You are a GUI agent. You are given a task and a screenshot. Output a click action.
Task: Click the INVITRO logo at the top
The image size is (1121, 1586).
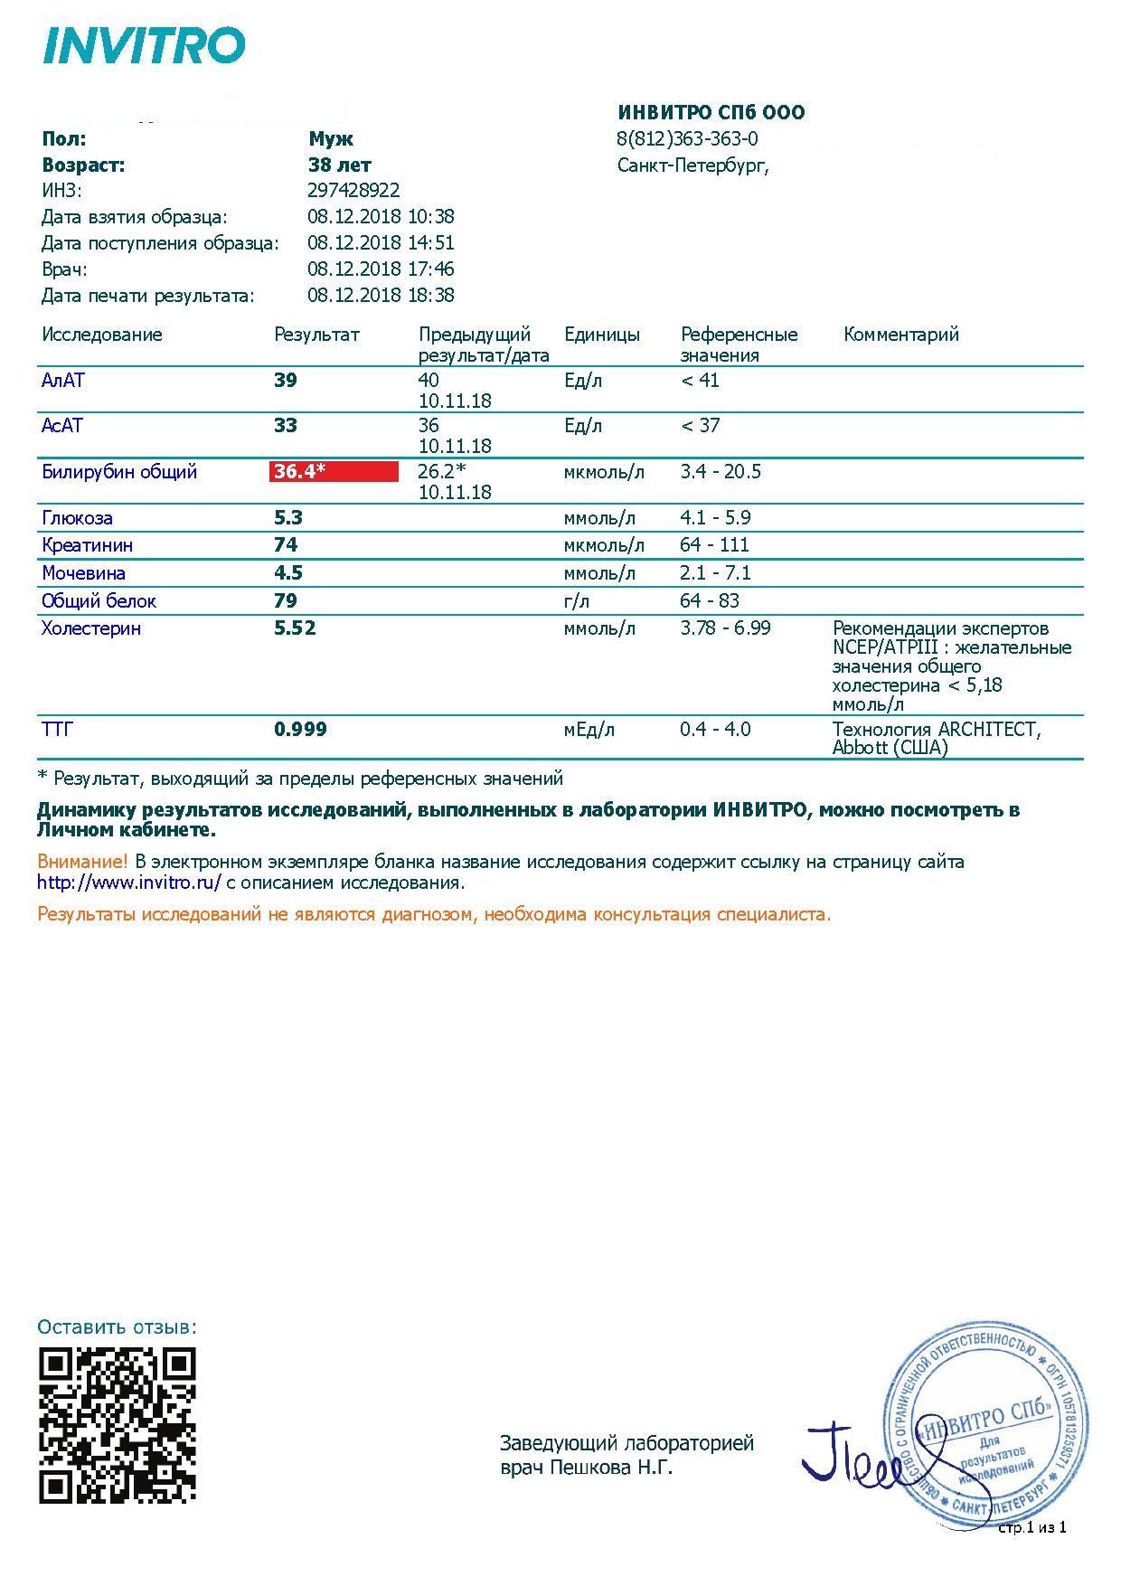click(145, 45)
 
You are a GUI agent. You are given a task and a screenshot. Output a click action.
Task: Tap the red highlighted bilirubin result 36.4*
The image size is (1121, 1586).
click(334, 471)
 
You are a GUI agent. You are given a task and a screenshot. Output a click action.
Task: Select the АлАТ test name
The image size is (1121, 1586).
click(62, 380)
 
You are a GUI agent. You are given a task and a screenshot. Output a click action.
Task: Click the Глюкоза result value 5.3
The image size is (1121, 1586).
click(288, 517)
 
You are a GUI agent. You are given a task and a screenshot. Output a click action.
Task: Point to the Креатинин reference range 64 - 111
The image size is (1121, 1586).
click(714, 544)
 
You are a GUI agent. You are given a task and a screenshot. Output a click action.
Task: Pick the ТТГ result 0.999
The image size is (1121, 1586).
click(300, 729)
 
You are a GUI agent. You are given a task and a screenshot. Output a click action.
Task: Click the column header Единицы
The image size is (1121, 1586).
click(601, 334)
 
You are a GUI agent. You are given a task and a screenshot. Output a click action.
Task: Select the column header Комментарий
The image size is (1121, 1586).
click(900, 334)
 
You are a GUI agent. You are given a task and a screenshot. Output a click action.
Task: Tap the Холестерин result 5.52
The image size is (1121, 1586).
click(295, 628)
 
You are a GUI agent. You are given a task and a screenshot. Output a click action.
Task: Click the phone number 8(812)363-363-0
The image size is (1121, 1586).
click(687, 138)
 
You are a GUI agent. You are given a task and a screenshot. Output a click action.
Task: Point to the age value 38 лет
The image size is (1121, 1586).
click(339, 165)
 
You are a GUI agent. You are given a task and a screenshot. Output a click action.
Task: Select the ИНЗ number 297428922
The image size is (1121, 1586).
click(353, 190)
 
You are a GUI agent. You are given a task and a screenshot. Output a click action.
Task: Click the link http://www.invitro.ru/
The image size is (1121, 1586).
click(129, 883)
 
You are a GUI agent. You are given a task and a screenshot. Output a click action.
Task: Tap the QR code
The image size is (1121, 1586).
click(118, 1425)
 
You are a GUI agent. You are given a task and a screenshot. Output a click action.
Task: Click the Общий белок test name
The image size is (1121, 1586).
click(99, 600)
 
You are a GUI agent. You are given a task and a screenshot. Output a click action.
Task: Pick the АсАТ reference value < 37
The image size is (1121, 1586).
click(700, 425)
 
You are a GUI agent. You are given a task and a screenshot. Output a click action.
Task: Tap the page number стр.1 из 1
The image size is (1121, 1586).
click(1032, 1527)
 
